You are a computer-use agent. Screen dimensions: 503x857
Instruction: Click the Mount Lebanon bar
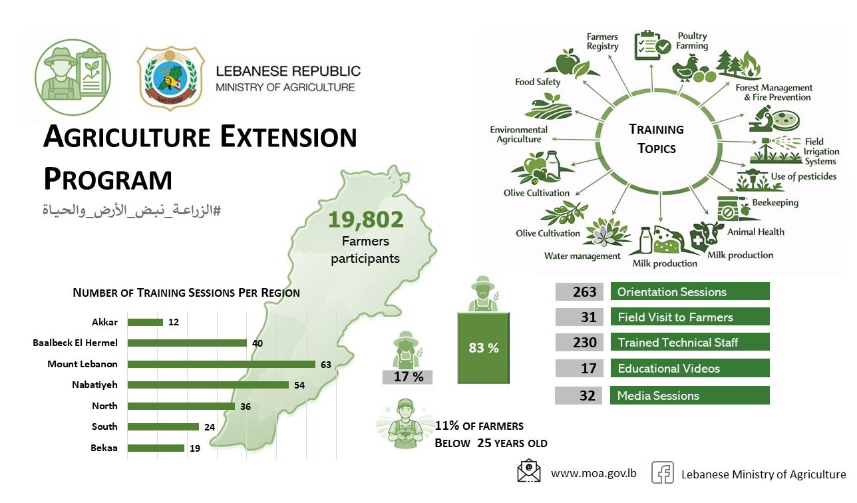coord(221,364)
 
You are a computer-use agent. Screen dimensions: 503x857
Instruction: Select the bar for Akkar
coord(145,323)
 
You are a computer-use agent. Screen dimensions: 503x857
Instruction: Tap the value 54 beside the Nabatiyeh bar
coord(299,385)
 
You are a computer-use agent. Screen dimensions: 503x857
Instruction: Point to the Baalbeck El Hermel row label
coord(75,343)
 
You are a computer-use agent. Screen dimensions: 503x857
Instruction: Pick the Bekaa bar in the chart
coord(156,448)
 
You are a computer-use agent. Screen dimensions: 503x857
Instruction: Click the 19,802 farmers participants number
coord(365,220)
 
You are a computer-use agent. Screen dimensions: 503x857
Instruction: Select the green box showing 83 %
coord(484,348)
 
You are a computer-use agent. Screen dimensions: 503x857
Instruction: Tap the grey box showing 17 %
coord(408,377)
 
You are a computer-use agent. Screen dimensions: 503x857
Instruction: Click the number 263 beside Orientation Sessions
coord(579,291)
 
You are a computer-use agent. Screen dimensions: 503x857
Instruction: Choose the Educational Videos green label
coord(689,368)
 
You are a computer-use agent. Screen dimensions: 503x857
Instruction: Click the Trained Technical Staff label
coord(689,343)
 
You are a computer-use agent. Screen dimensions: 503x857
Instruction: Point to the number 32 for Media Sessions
coord(579,395)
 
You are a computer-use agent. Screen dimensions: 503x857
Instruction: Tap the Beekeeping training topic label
coord(775,202)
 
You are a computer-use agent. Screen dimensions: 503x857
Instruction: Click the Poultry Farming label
coord(692,41)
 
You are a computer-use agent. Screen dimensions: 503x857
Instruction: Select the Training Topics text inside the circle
coord(656,138)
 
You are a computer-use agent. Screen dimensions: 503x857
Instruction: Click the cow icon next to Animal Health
coord(707,234)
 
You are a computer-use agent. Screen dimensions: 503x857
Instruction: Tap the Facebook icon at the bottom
coord(662,473)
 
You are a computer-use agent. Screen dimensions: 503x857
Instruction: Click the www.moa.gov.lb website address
coord(594,474)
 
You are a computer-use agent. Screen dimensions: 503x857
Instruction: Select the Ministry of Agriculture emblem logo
coord(170,78)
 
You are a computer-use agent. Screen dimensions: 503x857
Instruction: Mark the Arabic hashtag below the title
coord(131,210)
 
